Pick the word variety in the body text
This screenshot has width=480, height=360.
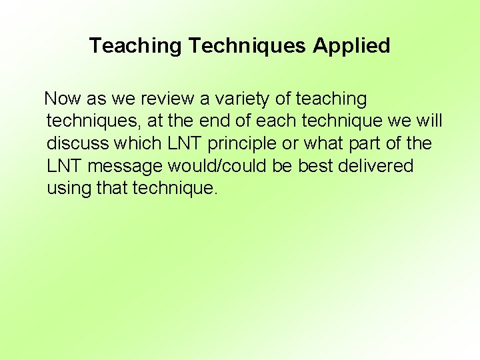pyautogui.click(x=242, y=99)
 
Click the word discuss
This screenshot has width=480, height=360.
pyautogui.click(x=77, y=143)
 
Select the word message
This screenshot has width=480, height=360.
pyautogui.click(x=125, y=166)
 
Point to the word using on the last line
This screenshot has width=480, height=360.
pyautogui.click(x=69, y=188)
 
